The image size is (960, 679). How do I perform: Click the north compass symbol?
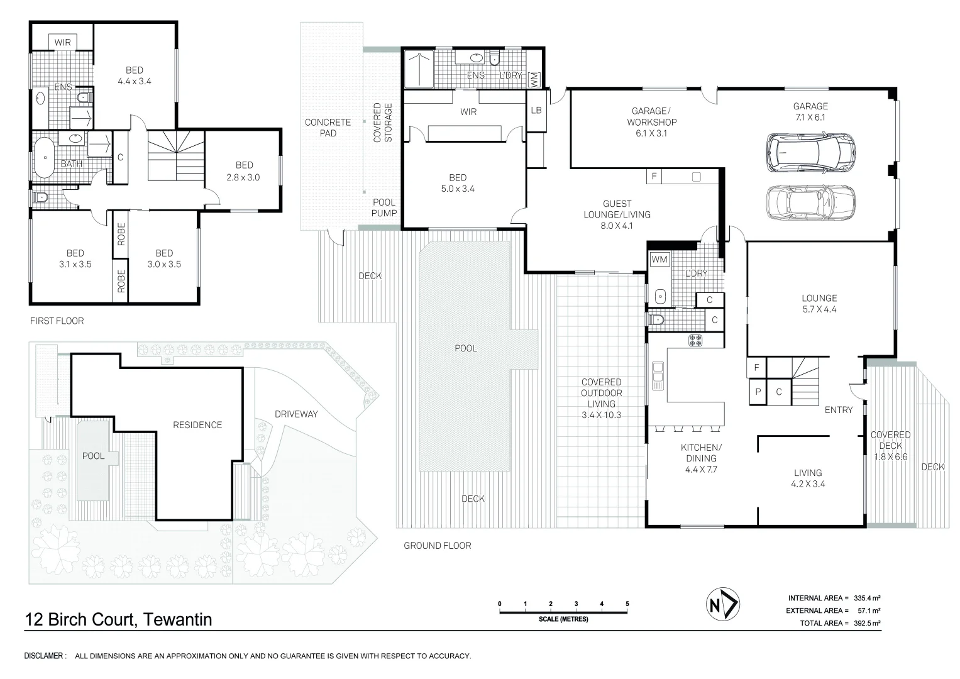(x=722, y=604)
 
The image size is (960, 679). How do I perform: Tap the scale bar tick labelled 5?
(x=627, y=604)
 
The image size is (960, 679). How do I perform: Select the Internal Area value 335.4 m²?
(x=867, y=598)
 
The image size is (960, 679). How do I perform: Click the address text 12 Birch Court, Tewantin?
(x=118, y=619)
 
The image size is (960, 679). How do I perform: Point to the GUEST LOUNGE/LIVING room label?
(x=617, y=214)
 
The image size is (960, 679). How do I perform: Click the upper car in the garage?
(x=810, y=153)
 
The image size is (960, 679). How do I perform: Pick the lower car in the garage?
(x=810, y=202)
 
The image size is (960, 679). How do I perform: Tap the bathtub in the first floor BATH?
(x=44, y=157)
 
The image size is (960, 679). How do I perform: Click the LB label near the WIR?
(x=536, y=110)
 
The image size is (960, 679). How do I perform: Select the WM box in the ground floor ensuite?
(x=534, y=80)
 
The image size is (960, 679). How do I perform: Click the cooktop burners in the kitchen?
(x=695, y=340)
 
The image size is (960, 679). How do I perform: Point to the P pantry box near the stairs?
(x=758, y=391)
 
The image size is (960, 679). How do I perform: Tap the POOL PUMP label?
(x=384, y=207)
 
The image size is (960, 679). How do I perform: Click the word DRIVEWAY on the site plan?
(x=296, y=414)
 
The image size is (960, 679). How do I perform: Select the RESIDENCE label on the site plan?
(x=197, y=425)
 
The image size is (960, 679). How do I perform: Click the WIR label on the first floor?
(x=63, y=43)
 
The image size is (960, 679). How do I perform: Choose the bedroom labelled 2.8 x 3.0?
(x=243, y=171)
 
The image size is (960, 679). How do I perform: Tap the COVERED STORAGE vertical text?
(x=383, y=123)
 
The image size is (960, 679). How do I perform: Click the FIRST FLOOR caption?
(x=57, y=321)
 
